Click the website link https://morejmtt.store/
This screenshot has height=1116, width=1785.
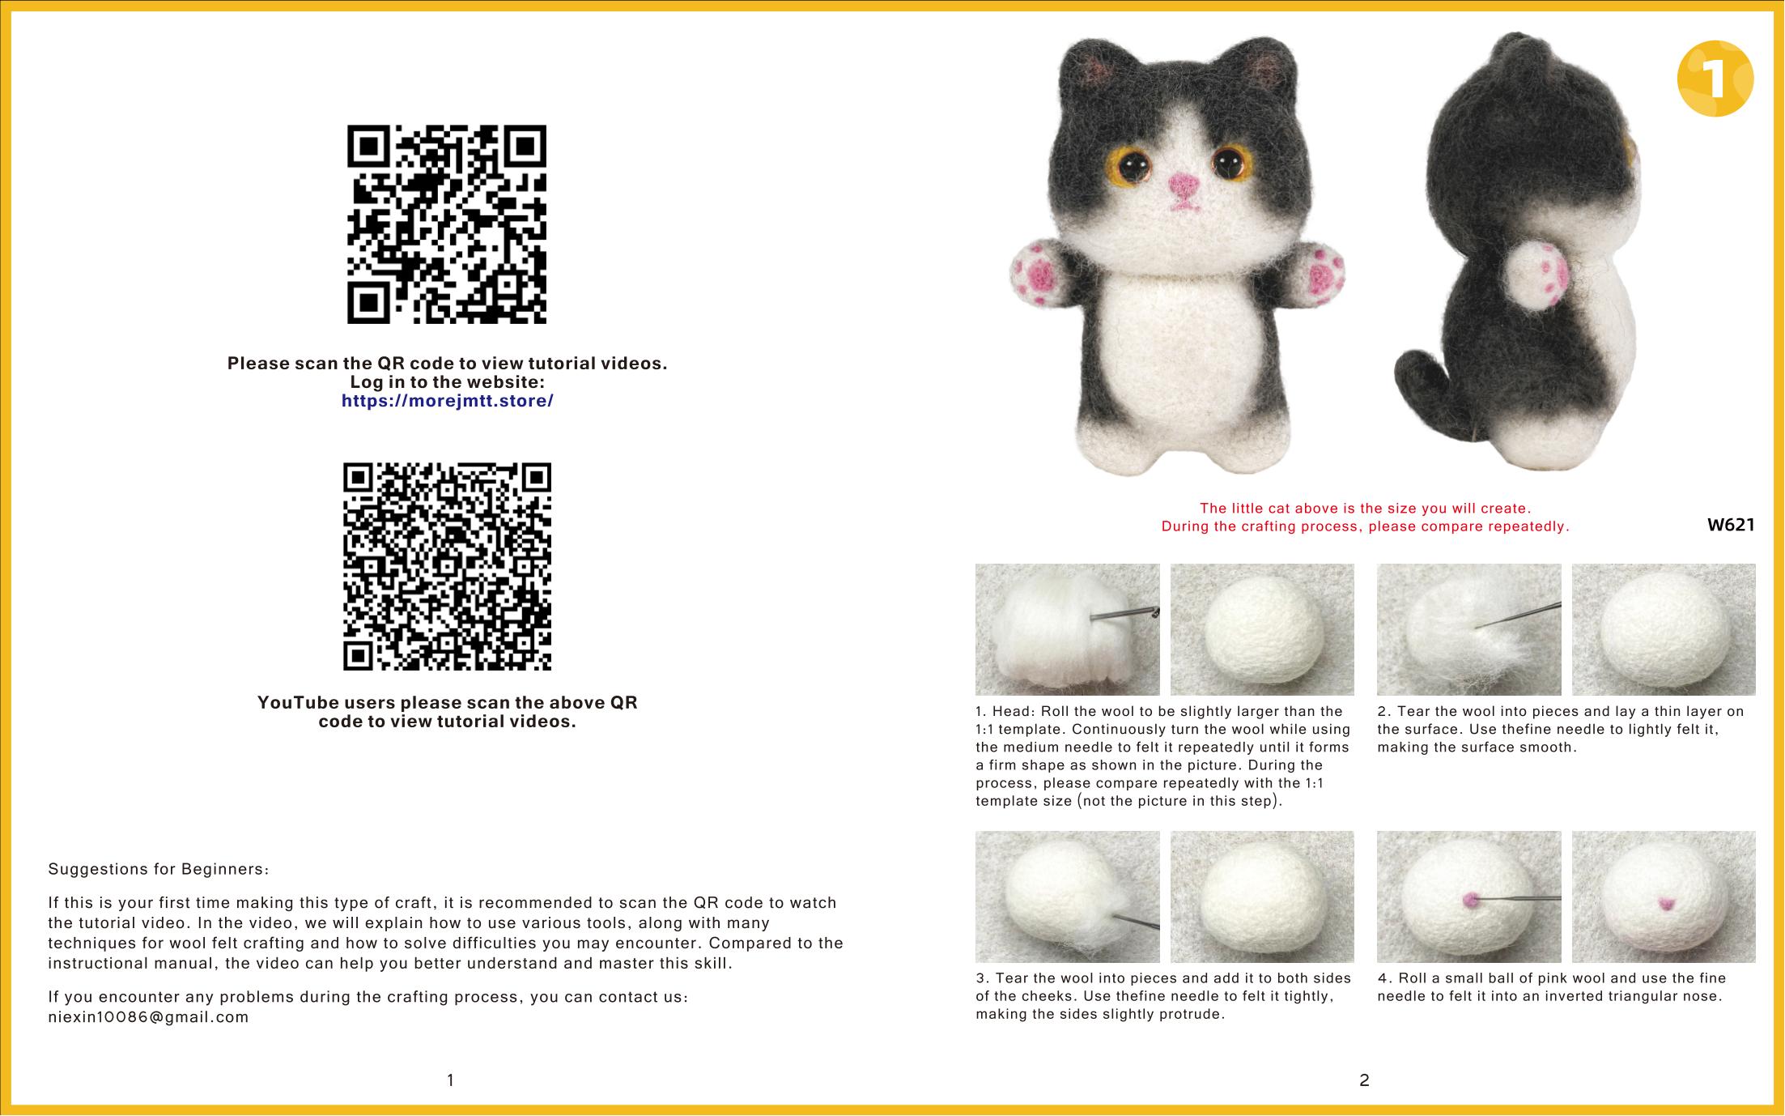click(x=448, y=401)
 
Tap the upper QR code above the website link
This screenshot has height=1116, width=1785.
click(x=447, y=224)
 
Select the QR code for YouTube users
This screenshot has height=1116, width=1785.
click(x=447, y=566)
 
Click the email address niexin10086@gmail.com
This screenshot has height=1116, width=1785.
click(x=149, y=1017)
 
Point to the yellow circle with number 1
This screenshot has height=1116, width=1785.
click(x=1715, y=79)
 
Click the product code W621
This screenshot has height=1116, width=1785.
click(x=1731, y=525)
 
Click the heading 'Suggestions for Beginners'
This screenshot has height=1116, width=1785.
click(x=158, y=870)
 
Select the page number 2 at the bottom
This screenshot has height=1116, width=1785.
click(x=1364, y=1080)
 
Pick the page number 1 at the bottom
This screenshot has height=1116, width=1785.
click(x=450, y=1080)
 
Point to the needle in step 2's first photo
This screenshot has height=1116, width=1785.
click(x=1517, y=616)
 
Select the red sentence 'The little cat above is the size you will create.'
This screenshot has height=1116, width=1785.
click(x=1365, y=509)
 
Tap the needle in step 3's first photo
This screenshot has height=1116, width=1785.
click(x=1137, y=922)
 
